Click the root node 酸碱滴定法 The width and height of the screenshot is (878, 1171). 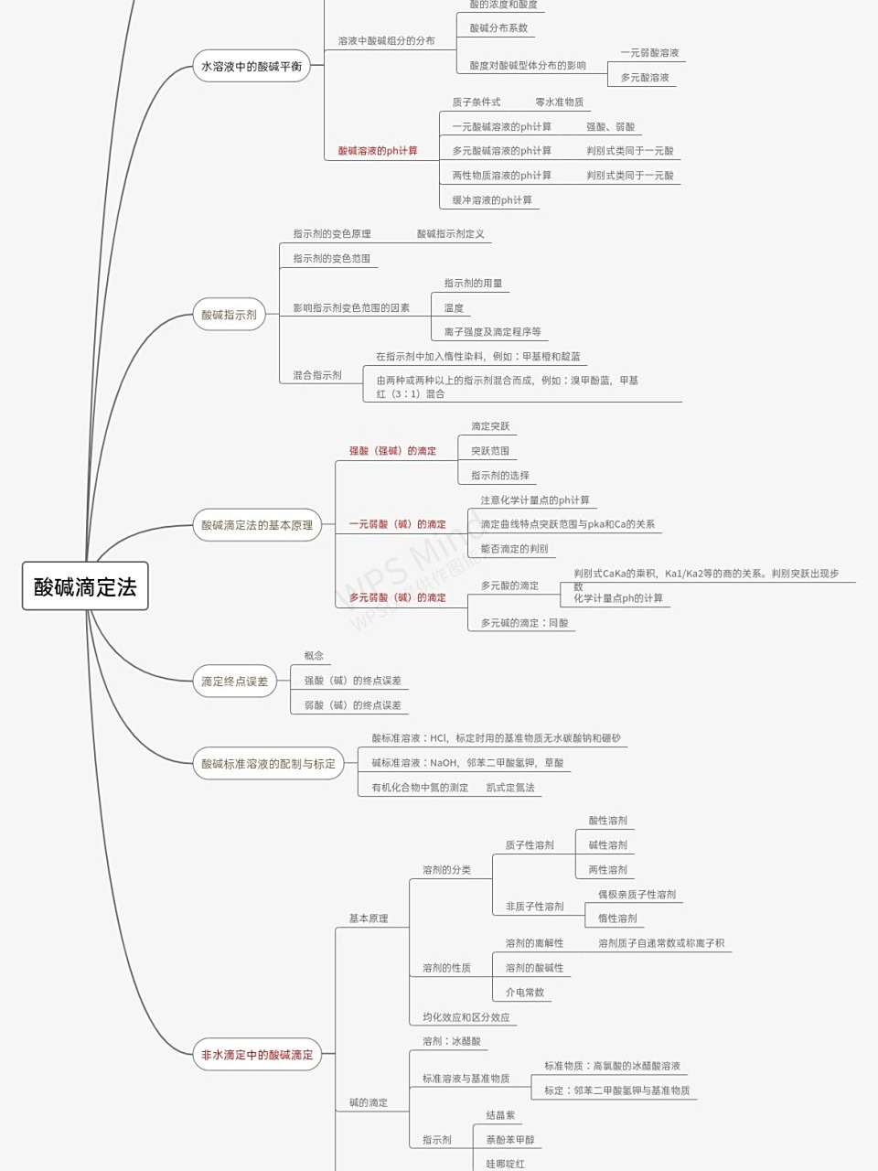(85, 586)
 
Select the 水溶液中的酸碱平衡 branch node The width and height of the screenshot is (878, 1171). (252, 66)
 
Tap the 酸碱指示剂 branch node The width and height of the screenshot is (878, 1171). (229, 315)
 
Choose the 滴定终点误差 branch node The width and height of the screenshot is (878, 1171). (235, 682)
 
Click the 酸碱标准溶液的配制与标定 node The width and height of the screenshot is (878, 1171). (268, 764)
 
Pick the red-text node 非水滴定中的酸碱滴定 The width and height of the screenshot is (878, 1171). (257, 1055)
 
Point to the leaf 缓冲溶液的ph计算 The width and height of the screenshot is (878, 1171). (492, 200)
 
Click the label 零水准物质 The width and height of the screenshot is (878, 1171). (559, 102)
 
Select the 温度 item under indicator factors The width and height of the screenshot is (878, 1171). (454, 308)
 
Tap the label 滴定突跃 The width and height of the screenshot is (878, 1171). (490, 426)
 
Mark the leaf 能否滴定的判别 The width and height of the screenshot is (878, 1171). (514, 549)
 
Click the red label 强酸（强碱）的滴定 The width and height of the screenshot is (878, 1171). (392, 451)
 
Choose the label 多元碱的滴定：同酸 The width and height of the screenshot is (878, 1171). (524, 623)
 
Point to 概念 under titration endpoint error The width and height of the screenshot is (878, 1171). (314, 656)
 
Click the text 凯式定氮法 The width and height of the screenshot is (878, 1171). (510, 788)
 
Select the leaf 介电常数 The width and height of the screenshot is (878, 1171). (525, 993)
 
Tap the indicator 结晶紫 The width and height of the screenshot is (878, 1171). (500, 1115)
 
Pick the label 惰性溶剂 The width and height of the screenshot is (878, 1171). (617, 919)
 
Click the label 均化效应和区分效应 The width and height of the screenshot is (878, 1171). (466, 1017)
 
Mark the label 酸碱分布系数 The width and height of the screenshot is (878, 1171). (498, 28)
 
